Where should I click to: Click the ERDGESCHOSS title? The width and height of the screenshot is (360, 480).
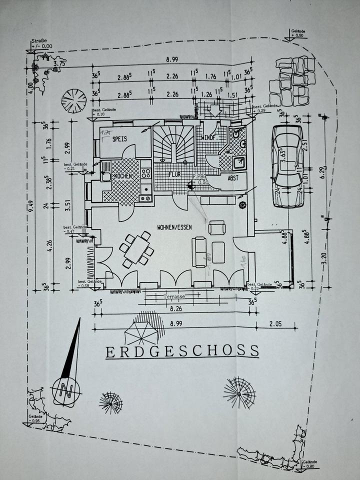coord(182,351)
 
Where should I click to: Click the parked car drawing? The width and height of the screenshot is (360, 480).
coord(287,166)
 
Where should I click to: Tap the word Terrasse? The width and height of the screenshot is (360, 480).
coord(174,296)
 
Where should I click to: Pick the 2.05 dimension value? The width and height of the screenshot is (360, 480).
coord(275,324)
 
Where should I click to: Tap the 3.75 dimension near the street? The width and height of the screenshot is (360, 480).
coord(60,63)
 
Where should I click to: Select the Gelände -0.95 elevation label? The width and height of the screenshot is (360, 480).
coord(35,418)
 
